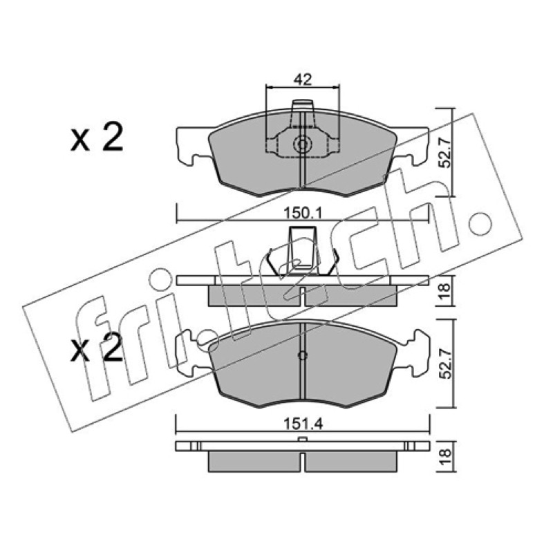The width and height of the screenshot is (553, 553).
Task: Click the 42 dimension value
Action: (303, 80)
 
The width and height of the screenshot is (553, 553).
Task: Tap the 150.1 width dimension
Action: (302, 214)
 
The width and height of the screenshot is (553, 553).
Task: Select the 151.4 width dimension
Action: (303, 424)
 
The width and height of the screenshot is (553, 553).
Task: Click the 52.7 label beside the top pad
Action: (446, 152)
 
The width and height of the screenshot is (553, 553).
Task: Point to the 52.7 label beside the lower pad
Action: (446, 364)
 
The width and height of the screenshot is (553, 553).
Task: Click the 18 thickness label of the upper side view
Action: (446, 290)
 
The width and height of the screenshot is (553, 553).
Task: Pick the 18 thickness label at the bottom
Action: (446, 457)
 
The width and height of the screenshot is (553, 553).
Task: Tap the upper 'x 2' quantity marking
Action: (97, 138)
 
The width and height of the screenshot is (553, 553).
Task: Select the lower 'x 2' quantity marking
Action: (97, 348)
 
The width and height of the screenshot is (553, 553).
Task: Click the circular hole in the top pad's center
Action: (302, 144)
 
